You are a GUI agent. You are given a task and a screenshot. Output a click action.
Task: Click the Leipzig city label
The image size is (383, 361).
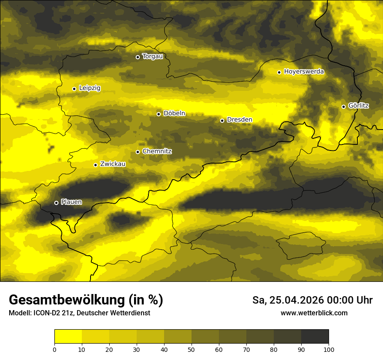(x=90, y=88)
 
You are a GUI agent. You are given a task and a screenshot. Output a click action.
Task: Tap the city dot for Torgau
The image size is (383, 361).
(x=138, y=57)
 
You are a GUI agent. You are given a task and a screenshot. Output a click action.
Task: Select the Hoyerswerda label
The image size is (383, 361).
(x=304, y=72)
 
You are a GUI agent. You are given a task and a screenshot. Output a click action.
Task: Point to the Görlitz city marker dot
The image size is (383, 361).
(x=343, y=107)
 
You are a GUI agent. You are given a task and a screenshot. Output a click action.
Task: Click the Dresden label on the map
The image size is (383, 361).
(x=239, y=120)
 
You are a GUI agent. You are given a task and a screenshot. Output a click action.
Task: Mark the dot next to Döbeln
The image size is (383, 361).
(x=158, y=114)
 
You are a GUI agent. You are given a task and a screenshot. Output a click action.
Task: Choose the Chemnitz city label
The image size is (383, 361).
(x=157, y=152)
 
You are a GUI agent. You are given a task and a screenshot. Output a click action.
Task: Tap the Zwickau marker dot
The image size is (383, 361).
(x=95, y=165)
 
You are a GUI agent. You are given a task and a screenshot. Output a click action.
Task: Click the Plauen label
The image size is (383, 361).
(x=71, y=202)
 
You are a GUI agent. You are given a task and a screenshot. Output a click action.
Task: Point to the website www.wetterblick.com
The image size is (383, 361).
(x=314, y=313)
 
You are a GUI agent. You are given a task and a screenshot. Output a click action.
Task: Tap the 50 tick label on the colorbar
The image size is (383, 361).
(x=191, y=349)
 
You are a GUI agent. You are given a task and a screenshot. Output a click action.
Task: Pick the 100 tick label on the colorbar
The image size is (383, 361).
(x=329, y=349)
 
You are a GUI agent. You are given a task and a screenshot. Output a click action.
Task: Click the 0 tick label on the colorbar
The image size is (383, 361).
(x=54, y=349)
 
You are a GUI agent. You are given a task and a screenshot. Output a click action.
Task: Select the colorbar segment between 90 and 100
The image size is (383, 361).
(x=315, y=337)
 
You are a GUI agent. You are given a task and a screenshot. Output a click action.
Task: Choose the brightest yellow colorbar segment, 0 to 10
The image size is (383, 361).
(x=68, y=337)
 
